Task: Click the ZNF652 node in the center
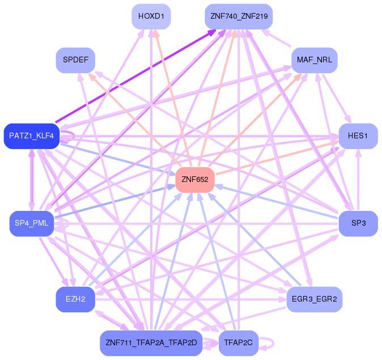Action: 195,180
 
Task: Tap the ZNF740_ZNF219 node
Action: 239,16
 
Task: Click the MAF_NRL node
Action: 314,60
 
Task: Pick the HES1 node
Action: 358,136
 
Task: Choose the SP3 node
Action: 358,223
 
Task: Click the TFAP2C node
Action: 238,343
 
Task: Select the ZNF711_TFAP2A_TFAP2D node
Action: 151,343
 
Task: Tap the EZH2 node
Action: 75,299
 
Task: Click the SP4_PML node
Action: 31,223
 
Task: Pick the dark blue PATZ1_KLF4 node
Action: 31,136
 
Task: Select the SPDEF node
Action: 75,60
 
